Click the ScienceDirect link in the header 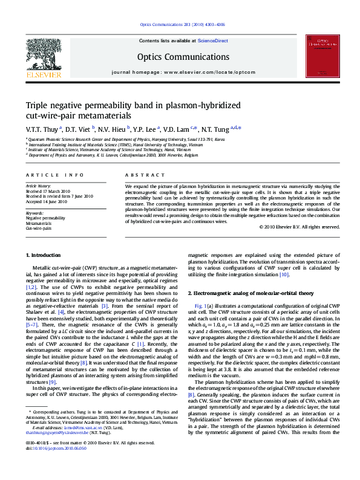213,40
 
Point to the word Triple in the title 38,105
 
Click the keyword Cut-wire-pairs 39,229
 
